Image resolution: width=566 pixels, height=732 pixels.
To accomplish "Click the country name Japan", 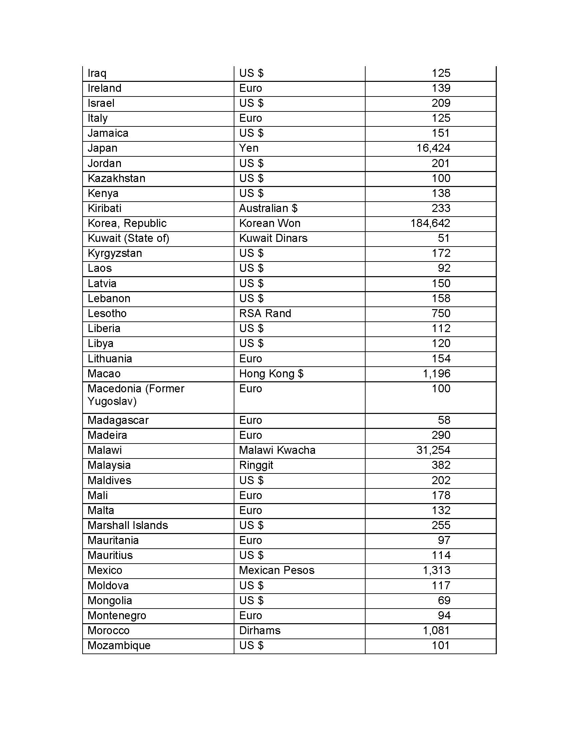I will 102,148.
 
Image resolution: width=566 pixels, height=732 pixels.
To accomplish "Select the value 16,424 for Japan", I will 433,148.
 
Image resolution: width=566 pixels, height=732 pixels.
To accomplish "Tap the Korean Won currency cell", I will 270,223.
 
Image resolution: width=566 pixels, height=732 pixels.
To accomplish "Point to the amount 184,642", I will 430,223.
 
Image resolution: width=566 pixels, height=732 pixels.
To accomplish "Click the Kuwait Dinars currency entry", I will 273,238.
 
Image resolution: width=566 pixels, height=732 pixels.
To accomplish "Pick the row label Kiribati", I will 104,208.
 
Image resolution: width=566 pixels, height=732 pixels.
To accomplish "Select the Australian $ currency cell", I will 268,208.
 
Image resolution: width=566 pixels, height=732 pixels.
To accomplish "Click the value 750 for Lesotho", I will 440,313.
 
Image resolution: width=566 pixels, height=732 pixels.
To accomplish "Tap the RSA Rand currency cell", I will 265,313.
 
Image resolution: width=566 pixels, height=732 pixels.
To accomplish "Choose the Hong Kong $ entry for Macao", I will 271,374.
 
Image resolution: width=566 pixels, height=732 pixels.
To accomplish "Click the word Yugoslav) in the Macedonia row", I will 112,401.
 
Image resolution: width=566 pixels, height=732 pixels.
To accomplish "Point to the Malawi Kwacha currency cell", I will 277,450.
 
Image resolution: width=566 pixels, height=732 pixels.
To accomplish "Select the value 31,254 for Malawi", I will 433,450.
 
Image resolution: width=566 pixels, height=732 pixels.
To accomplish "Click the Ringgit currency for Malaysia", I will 256,465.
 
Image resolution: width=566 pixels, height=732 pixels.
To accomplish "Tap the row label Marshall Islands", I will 128,525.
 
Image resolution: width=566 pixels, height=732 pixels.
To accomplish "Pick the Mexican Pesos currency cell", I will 277,570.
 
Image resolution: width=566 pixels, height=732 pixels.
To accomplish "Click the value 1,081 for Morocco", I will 436,631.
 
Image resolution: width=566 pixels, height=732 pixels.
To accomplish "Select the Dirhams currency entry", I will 260,631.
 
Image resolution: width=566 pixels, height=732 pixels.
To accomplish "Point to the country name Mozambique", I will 119,645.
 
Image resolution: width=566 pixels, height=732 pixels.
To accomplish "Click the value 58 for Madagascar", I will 444,420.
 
